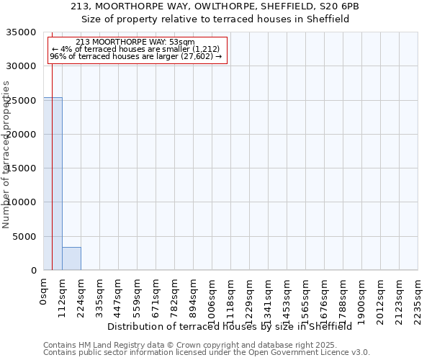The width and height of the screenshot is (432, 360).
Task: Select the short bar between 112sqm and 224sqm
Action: click(71, 258)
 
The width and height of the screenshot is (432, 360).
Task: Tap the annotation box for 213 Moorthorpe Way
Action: click(137, 50)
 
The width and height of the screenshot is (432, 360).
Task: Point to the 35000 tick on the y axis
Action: click(22, 32)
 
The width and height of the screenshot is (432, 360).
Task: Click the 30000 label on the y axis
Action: click(22, 66)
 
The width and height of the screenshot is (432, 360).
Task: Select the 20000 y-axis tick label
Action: click(22, 135)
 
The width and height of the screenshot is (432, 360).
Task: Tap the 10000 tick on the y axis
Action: click(22, 202)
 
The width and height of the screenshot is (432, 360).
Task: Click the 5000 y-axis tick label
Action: click(24, 236)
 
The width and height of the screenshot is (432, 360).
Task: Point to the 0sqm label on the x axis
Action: click(44, 291)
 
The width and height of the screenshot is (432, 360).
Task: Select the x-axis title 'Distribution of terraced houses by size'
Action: click(234, 326)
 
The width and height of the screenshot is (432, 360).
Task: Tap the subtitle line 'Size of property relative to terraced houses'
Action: click(220, 19)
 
